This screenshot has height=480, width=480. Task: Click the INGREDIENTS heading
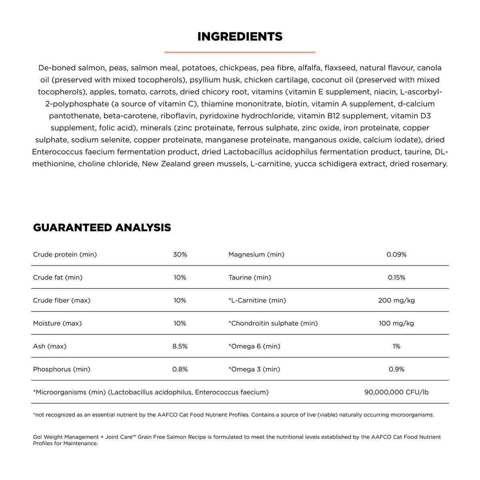point(240,36)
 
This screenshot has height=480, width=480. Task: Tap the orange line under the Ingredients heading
point(240,52)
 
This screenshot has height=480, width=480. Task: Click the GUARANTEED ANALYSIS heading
point(102,228)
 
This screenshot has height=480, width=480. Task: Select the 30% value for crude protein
point(180,254)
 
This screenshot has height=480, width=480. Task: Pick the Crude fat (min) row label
point(58,277)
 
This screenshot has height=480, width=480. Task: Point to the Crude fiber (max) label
point(62,300)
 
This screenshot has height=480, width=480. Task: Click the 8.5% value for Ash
point(180,346)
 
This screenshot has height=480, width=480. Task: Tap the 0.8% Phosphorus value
point(180,369)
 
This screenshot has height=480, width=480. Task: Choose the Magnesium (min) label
point(256,254)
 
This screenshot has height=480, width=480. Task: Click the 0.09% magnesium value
point(396,254)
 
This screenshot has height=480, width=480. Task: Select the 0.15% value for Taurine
point(396,277)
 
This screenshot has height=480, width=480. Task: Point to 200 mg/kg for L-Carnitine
point(396,300)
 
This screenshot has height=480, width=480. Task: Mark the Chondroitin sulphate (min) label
point(273,323)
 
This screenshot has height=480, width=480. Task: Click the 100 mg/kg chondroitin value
point(396,323)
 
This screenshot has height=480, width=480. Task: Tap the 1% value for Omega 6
point(396,346)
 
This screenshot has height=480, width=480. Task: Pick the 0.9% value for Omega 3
point(396,369)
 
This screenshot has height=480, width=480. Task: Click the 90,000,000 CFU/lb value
point(396,392)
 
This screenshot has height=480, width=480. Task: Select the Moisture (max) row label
point(57,323)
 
